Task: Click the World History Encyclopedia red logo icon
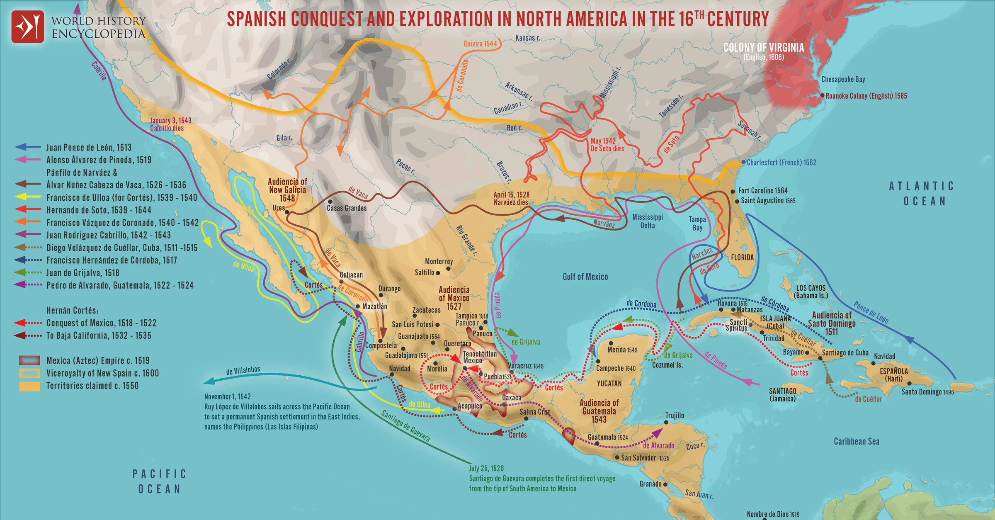tap(27, 27)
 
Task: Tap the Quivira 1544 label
tap(480, 44)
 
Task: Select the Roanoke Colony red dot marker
tap(822, 95)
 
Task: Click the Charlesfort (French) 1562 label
tap(781, 163)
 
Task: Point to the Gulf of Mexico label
tap(585, 277)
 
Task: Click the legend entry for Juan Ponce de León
tap(89, 147)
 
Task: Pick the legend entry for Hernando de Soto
tap(99, 210)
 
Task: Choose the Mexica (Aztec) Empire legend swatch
tap(29, 360)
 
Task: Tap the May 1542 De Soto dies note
tap(607, 145)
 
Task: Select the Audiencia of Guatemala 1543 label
tap(599, 411)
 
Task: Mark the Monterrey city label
tap(439, 261)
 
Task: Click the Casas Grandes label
tap(347, 208)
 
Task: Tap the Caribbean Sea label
tap(856, 441)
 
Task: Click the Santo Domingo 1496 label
tap(927, 391)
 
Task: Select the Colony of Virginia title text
tap(763, 48)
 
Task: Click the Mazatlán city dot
tap(358, 306)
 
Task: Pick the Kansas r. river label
tap(527, 38)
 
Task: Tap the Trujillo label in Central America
tap(675, 416)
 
